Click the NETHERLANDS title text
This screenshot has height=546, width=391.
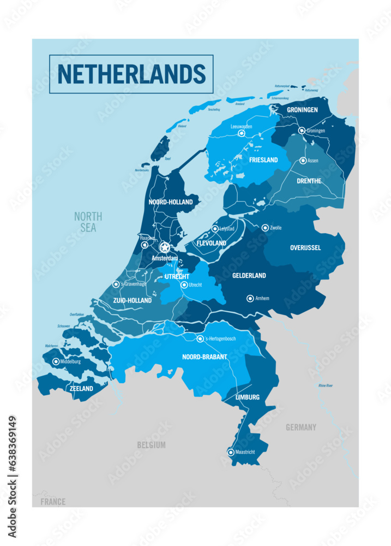click(131, 74)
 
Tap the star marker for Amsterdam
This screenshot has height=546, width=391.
click(165, 247)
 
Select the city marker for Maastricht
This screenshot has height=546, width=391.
click(231, 452)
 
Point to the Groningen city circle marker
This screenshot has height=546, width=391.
click(302, 130)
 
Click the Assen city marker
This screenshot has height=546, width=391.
click(303, 161)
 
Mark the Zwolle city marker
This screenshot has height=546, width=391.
click(265, 228)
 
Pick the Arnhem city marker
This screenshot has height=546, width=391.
click(250, 298)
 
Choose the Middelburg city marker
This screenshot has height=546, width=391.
click(56, 361)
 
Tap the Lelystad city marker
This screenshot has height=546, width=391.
click(215, 229)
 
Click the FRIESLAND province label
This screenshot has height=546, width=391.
click(263, 161)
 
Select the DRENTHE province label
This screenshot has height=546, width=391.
click(309, 181)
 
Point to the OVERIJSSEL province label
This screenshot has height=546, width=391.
click(305, 248)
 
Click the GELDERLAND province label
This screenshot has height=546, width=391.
click(249, 276)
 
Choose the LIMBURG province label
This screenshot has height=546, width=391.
click(247, 397)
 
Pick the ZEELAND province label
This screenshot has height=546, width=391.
click(81, 389)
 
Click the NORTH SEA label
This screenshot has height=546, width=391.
click(88, 222)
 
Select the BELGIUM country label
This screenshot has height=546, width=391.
click(151, 445)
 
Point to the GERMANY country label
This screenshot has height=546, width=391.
click(301, 428)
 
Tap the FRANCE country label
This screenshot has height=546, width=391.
click(53, 502)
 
